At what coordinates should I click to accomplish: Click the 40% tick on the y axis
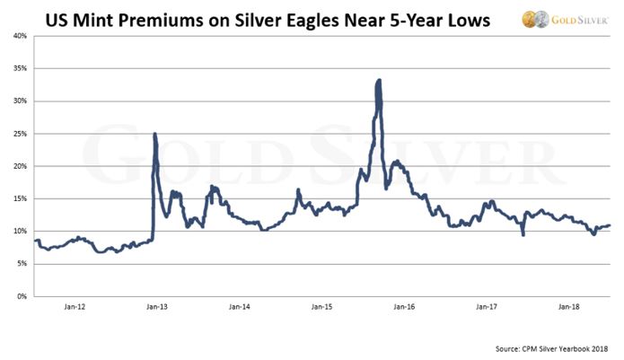(x=18, y=36)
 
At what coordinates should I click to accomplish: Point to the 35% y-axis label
(x=18, y=68)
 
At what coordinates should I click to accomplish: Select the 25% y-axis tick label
(x=18, y=134)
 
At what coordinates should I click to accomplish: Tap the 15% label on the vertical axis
(x=18, y=198)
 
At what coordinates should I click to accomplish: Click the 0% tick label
(x=21, y=296)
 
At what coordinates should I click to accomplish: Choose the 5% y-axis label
(x=21, y=264)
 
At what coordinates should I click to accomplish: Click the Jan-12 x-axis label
(x=75, y=307)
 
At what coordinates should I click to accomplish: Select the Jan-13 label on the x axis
(x=157, y=307)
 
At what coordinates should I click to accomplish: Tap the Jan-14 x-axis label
(x=240, y=307)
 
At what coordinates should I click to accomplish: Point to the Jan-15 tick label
(x=322, y=307)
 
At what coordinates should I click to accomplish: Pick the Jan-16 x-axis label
(x=404, y=307)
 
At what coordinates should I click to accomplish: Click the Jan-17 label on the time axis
(x=487, y=307)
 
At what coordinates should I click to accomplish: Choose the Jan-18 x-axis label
(x=569, y=307)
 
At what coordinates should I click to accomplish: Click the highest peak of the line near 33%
(x=379, y=81)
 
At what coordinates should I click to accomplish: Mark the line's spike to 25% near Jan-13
(x=155, y=135)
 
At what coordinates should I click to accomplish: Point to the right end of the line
(x=611, y=225)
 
